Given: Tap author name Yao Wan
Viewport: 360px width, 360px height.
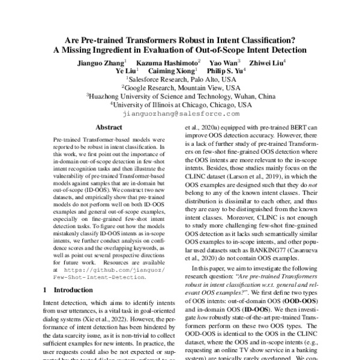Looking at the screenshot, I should (x=223, y=62).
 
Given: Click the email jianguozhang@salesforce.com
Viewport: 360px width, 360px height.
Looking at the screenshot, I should (x=179, y=112).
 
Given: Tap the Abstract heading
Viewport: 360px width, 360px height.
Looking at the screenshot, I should (x=109, y=127).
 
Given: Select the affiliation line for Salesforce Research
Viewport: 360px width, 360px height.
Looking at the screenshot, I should (x=181, y=79).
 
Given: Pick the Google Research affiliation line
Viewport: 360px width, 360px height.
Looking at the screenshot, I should (x=181, y=87).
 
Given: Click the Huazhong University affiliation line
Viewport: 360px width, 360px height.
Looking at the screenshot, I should (x=181, y=95).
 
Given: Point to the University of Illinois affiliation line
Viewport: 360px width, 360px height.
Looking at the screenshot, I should (x=181, y=104).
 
